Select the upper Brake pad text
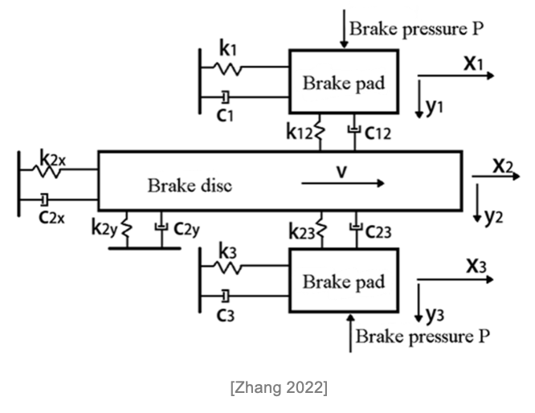click(x=343, y=83)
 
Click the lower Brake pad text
click(x=343, y=282)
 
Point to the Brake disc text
click(x=190, y=185)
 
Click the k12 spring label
click(x=301, y=133)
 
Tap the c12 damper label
click(x=378, y=133)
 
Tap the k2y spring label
click(x=106, y=228)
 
